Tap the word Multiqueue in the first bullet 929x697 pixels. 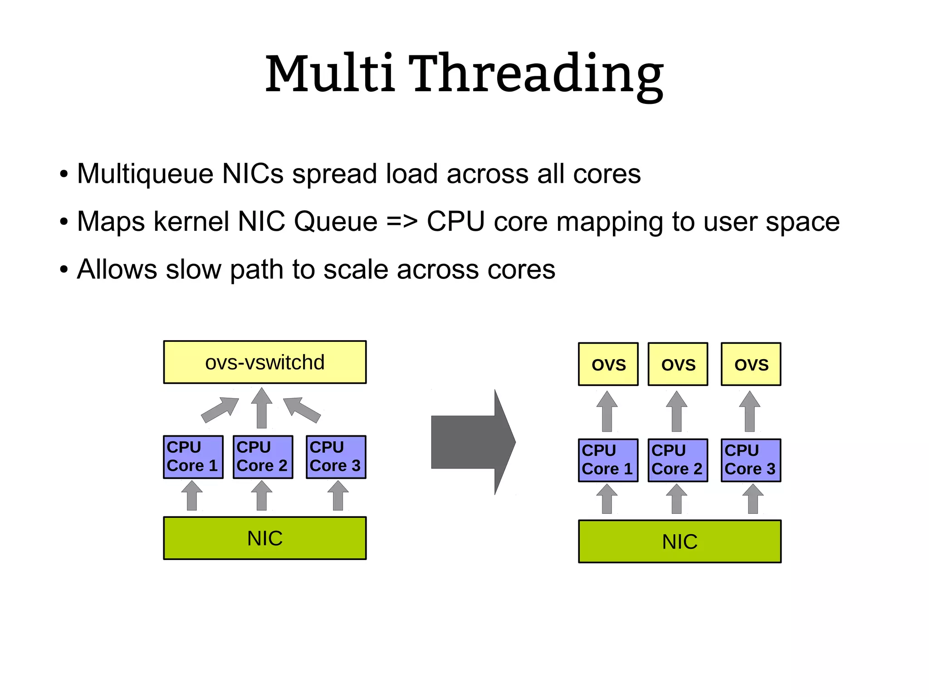point(145,174)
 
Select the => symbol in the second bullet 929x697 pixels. point(401,222)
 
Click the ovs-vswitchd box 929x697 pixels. point(265,362)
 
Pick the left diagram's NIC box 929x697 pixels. point(265,538)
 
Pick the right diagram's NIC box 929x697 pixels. point(680,541)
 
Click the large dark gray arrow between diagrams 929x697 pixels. point(472,442)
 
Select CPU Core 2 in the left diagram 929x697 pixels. point(263,457)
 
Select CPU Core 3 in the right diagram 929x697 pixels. point(751,460)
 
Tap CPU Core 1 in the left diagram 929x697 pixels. point(193,457)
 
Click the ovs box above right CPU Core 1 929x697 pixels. point(608,364)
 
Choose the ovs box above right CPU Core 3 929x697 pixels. point(751,364)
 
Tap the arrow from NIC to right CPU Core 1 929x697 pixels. point(607,499)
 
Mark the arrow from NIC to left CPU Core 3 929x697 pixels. point(338,496)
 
